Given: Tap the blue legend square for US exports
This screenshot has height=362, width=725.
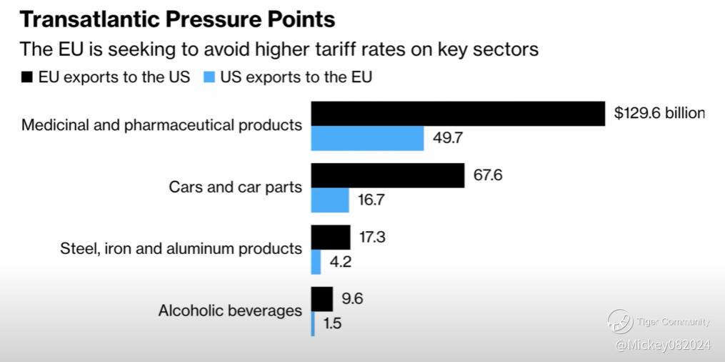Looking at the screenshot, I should [x=211, y=77].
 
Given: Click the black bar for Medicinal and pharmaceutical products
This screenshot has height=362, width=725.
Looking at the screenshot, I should [x=458, y=113].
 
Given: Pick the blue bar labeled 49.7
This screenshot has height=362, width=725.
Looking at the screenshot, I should [x=367, y=138].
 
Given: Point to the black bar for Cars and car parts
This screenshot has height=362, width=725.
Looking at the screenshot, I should [x=388, y=175].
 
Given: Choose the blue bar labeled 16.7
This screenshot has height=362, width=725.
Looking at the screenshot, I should [x=330, y=200].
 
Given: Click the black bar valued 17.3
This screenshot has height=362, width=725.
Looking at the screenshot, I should [x=331, y=237].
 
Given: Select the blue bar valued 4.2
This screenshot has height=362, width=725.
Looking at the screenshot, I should [x=316, y=262].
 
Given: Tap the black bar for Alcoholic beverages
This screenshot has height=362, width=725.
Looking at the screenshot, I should [x=322, y=299].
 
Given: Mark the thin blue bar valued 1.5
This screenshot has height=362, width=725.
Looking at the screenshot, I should [x=313, y=323].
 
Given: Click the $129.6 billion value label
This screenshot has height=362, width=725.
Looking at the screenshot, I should [x=659, y=113].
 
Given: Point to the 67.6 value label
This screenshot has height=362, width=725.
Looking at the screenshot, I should [x=488, y=175].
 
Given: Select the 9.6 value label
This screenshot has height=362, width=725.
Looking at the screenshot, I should [x=353, y=298].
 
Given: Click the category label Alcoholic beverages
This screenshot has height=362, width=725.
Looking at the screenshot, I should [x=230, y=311].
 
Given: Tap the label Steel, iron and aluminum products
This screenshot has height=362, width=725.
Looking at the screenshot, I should [x=181, y=249].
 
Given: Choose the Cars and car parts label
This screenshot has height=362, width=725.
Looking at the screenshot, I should [x=235, y=187].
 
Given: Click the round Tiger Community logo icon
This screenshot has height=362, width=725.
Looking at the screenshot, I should [x=620, y=322].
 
